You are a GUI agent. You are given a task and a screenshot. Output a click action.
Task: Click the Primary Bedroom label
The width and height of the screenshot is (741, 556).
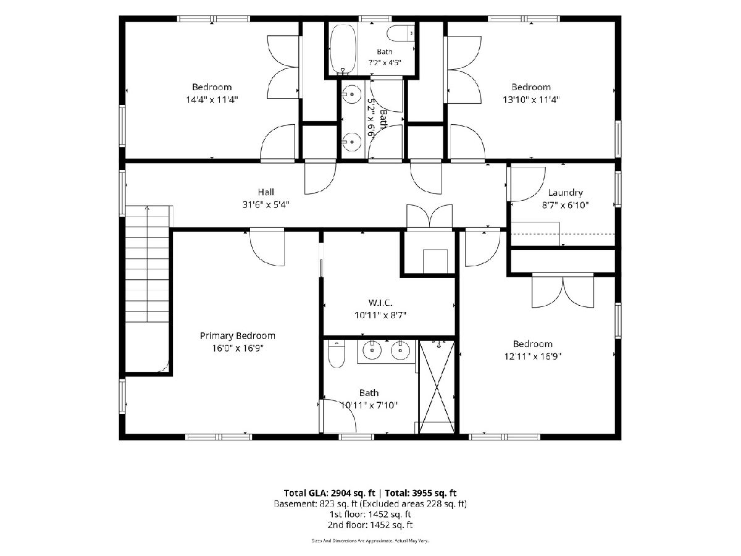click(237, 335)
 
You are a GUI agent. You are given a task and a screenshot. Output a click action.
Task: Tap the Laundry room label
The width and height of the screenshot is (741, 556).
click(565, 193)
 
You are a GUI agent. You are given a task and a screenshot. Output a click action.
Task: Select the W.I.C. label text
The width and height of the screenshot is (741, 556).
click(380, 303)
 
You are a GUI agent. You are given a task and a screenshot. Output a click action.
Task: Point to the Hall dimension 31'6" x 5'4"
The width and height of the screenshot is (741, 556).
click(266, 204)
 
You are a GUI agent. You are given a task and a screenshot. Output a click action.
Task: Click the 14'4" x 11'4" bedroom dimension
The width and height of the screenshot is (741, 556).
click(212, 99)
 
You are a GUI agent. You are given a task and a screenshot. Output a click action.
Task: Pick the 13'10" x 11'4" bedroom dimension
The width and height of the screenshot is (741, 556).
click(531, 99)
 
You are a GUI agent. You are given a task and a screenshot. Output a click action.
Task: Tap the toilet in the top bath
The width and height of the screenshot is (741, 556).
click(401, 33)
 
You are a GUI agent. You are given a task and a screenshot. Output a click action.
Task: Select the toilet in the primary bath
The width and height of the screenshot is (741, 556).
click(337, 354)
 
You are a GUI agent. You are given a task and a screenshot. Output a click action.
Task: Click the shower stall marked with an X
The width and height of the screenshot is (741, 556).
click(437, 387)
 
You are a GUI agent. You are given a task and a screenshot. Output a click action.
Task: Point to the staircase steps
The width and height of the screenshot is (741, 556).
click(147, 264)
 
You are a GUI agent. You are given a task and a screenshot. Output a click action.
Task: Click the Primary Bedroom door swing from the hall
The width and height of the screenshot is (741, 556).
click(267, 248)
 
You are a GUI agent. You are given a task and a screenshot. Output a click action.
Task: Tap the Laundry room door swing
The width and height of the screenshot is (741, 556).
click(527, 184)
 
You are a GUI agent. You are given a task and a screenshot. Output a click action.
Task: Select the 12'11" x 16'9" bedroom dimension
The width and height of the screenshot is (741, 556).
click(533, 356)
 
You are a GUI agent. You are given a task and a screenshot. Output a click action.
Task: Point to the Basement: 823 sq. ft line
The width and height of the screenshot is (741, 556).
click(370, 503)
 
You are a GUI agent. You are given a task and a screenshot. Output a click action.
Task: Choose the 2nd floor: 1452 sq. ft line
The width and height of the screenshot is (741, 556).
click(370, 525)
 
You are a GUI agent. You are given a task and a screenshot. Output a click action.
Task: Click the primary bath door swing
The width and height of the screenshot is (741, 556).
click(339, 416)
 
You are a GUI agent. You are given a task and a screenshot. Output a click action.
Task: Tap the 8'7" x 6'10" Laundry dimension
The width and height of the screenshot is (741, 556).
click(565, 205)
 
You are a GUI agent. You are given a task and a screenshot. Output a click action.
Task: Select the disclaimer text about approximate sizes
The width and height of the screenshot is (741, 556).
click(370, 541)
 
